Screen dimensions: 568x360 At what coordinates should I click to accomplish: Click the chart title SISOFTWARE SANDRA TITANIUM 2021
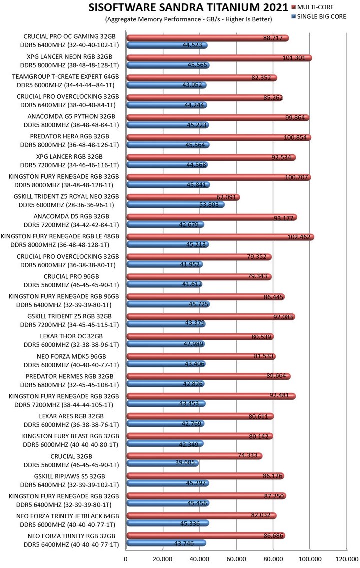[188, 8]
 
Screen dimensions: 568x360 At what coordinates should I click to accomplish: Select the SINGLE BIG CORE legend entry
[322, 17]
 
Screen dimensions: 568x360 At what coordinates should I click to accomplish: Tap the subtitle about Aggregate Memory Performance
[188, 19]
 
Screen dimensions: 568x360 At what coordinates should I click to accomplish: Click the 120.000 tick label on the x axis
[346, 559]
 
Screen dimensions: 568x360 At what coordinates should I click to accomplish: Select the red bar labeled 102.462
[220, 237]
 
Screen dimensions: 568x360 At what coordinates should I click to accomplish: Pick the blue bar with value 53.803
[175, 204]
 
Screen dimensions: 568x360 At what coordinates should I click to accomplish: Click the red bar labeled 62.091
[183, 197]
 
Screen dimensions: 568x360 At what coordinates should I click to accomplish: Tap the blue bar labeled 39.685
[162, 463]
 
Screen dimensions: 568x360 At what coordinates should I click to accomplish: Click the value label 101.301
[293, 58]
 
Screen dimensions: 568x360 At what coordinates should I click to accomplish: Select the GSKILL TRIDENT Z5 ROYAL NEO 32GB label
[66, 196]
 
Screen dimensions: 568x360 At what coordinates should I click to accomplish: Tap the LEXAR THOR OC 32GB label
[71, 336]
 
